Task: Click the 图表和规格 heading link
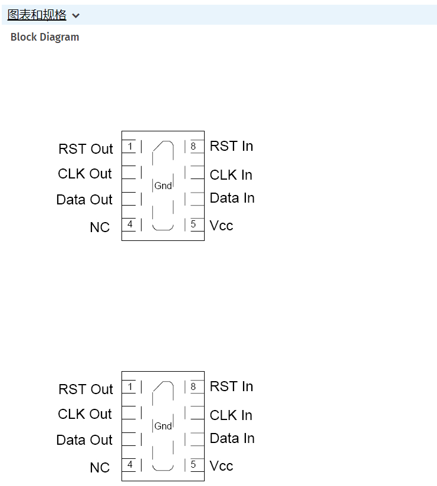tap(37, 15)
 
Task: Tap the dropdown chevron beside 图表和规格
tap(75, 16)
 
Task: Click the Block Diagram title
tap(45, 37)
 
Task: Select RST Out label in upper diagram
tap(86, 149)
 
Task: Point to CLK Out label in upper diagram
tap(85, 174)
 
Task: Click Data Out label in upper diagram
tap(84, 200)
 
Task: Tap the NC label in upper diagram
tap(100, 227)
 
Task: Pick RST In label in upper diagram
tap(231, 146)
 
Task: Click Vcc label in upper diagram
tap(221, 226)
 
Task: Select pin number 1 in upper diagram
tap(130, 146)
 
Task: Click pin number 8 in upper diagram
tap(193, 146)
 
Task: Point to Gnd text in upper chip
tap(163, 186)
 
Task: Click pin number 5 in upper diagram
tap(193, 224)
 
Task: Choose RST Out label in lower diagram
tap(86, 389)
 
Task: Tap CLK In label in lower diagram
tap(231, 415)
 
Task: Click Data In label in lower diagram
tap(232, 438)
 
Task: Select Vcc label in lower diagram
tap(221, 466)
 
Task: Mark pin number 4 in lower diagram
tap(130, 465)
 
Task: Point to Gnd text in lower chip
tap(163, 427)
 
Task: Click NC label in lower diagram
tap(100, 467)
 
